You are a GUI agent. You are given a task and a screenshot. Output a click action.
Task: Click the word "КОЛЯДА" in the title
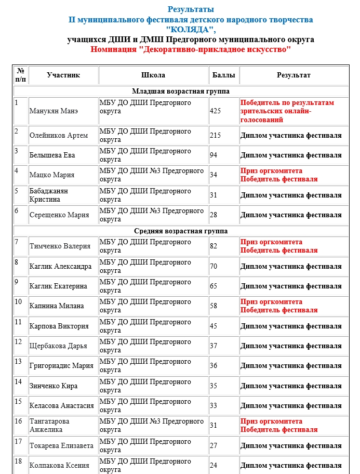tap(190, 30)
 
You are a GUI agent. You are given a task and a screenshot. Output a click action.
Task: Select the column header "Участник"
tap(63, 75)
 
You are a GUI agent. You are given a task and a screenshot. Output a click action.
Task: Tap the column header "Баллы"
tap(223, 75)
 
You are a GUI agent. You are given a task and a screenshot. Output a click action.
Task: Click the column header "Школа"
tap(153, 75)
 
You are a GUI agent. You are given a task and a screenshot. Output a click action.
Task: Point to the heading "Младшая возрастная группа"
tap(180, 91)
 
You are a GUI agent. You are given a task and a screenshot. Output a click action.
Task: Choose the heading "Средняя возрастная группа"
tap(180, 231)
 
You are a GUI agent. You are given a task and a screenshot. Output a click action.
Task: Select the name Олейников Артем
tap(59, 136)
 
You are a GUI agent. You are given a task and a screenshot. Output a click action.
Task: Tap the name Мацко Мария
tap(52, 175)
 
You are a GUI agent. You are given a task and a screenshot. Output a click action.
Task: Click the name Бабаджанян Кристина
tap(49, 195)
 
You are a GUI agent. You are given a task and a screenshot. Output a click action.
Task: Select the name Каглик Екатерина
tap(58, 286)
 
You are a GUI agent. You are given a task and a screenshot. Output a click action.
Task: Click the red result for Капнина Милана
tap(278, 306)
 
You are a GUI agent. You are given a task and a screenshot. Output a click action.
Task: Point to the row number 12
tap(18, 342)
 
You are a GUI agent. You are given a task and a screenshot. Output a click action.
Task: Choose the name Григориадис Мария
tap(61, 366)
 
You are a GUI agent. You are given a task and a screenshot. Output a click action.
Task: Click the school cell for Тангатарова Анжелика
tap(151, 426)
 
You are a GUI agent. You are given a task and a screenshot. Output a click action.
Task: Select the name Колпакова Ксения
tap(59, 466)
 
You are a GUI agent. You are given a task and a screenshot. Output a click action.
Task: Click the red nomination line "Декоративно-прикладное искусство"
tap(190, 49)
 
